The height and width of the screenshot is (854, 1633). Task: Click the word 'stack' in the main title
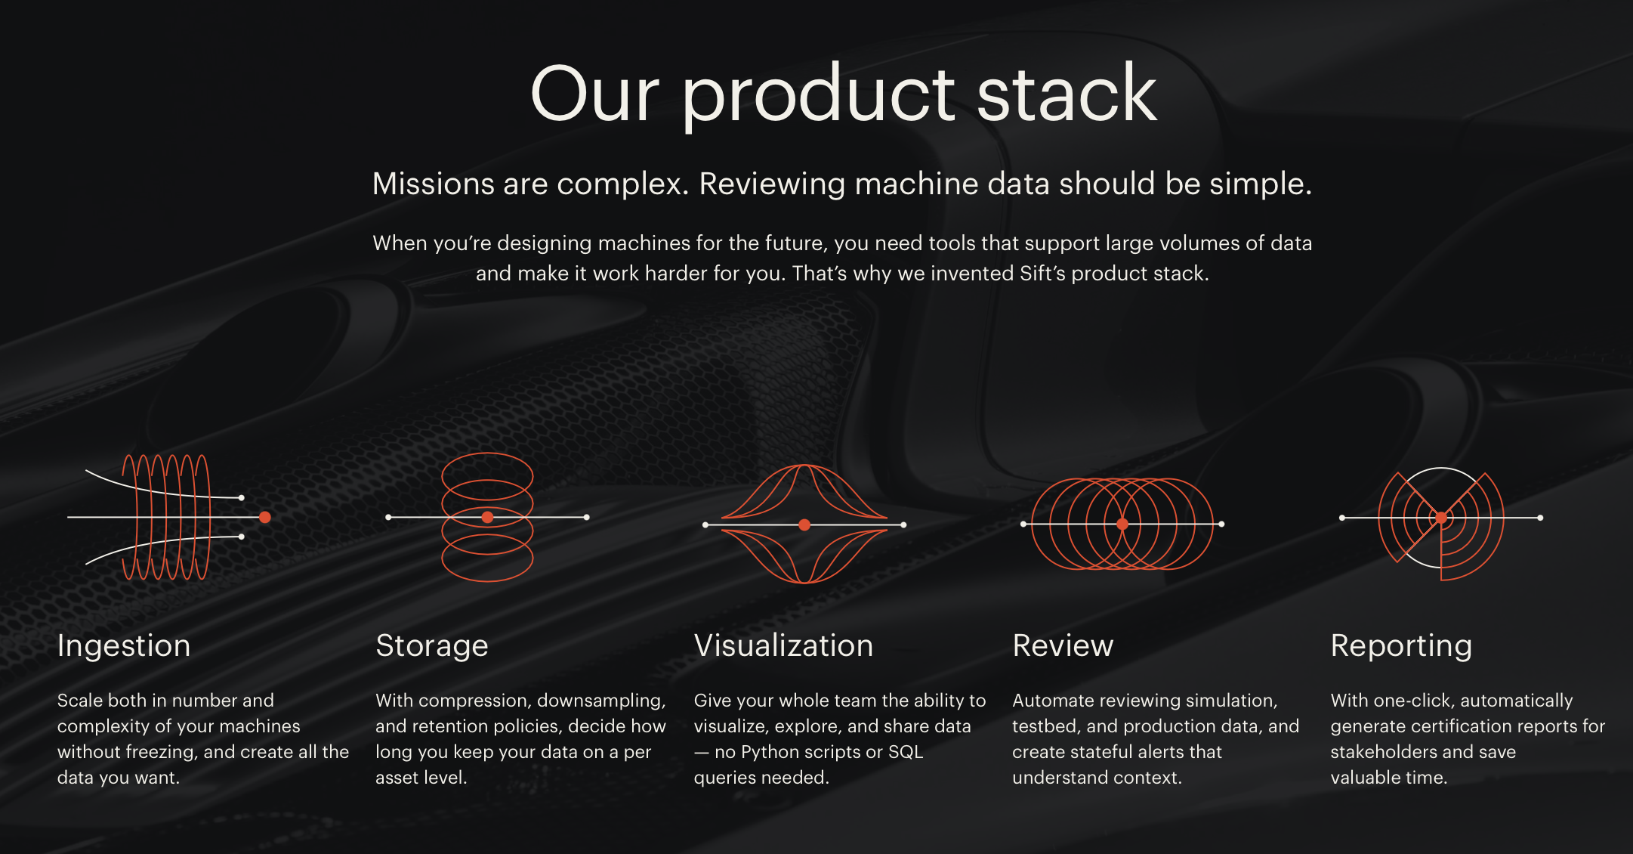coord(1067,94)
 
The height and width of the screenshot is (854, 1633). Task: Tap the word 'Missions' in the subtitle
coord(433,184)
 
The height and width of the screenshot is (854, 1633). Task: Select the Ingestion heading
coord(124,646)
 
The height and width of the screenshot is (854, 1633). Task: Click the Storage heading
coord(432,646)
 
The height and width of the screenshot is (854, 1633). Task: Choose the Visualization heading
coord(783,646)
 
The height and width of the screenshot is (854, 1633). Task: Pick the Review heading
coord(1063,646)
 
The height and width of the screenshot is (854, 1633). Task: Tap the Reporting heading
coord(1401,646)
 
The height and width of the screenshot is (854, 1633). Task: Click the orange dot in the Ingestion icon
coord(265,517)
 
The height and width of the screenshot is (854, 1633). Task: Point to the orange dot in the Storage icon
coord(487,517)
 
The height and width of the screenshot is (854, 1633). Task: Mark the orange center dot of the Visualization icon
coord(804,524)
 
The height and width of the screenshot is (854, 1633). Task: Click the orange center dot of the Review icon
coord(1122,524)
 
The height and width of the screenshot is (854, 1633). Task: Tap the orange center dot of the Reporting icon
coord(1441,518)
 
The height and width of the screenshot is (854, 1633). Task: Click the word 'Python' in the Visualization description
coord(771,752)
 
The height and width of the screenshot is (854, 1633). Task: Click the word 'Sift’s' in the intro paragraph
coord(1042,274)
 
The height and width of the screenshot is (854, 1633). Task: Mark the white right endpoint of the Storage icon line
coord(587,517)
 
